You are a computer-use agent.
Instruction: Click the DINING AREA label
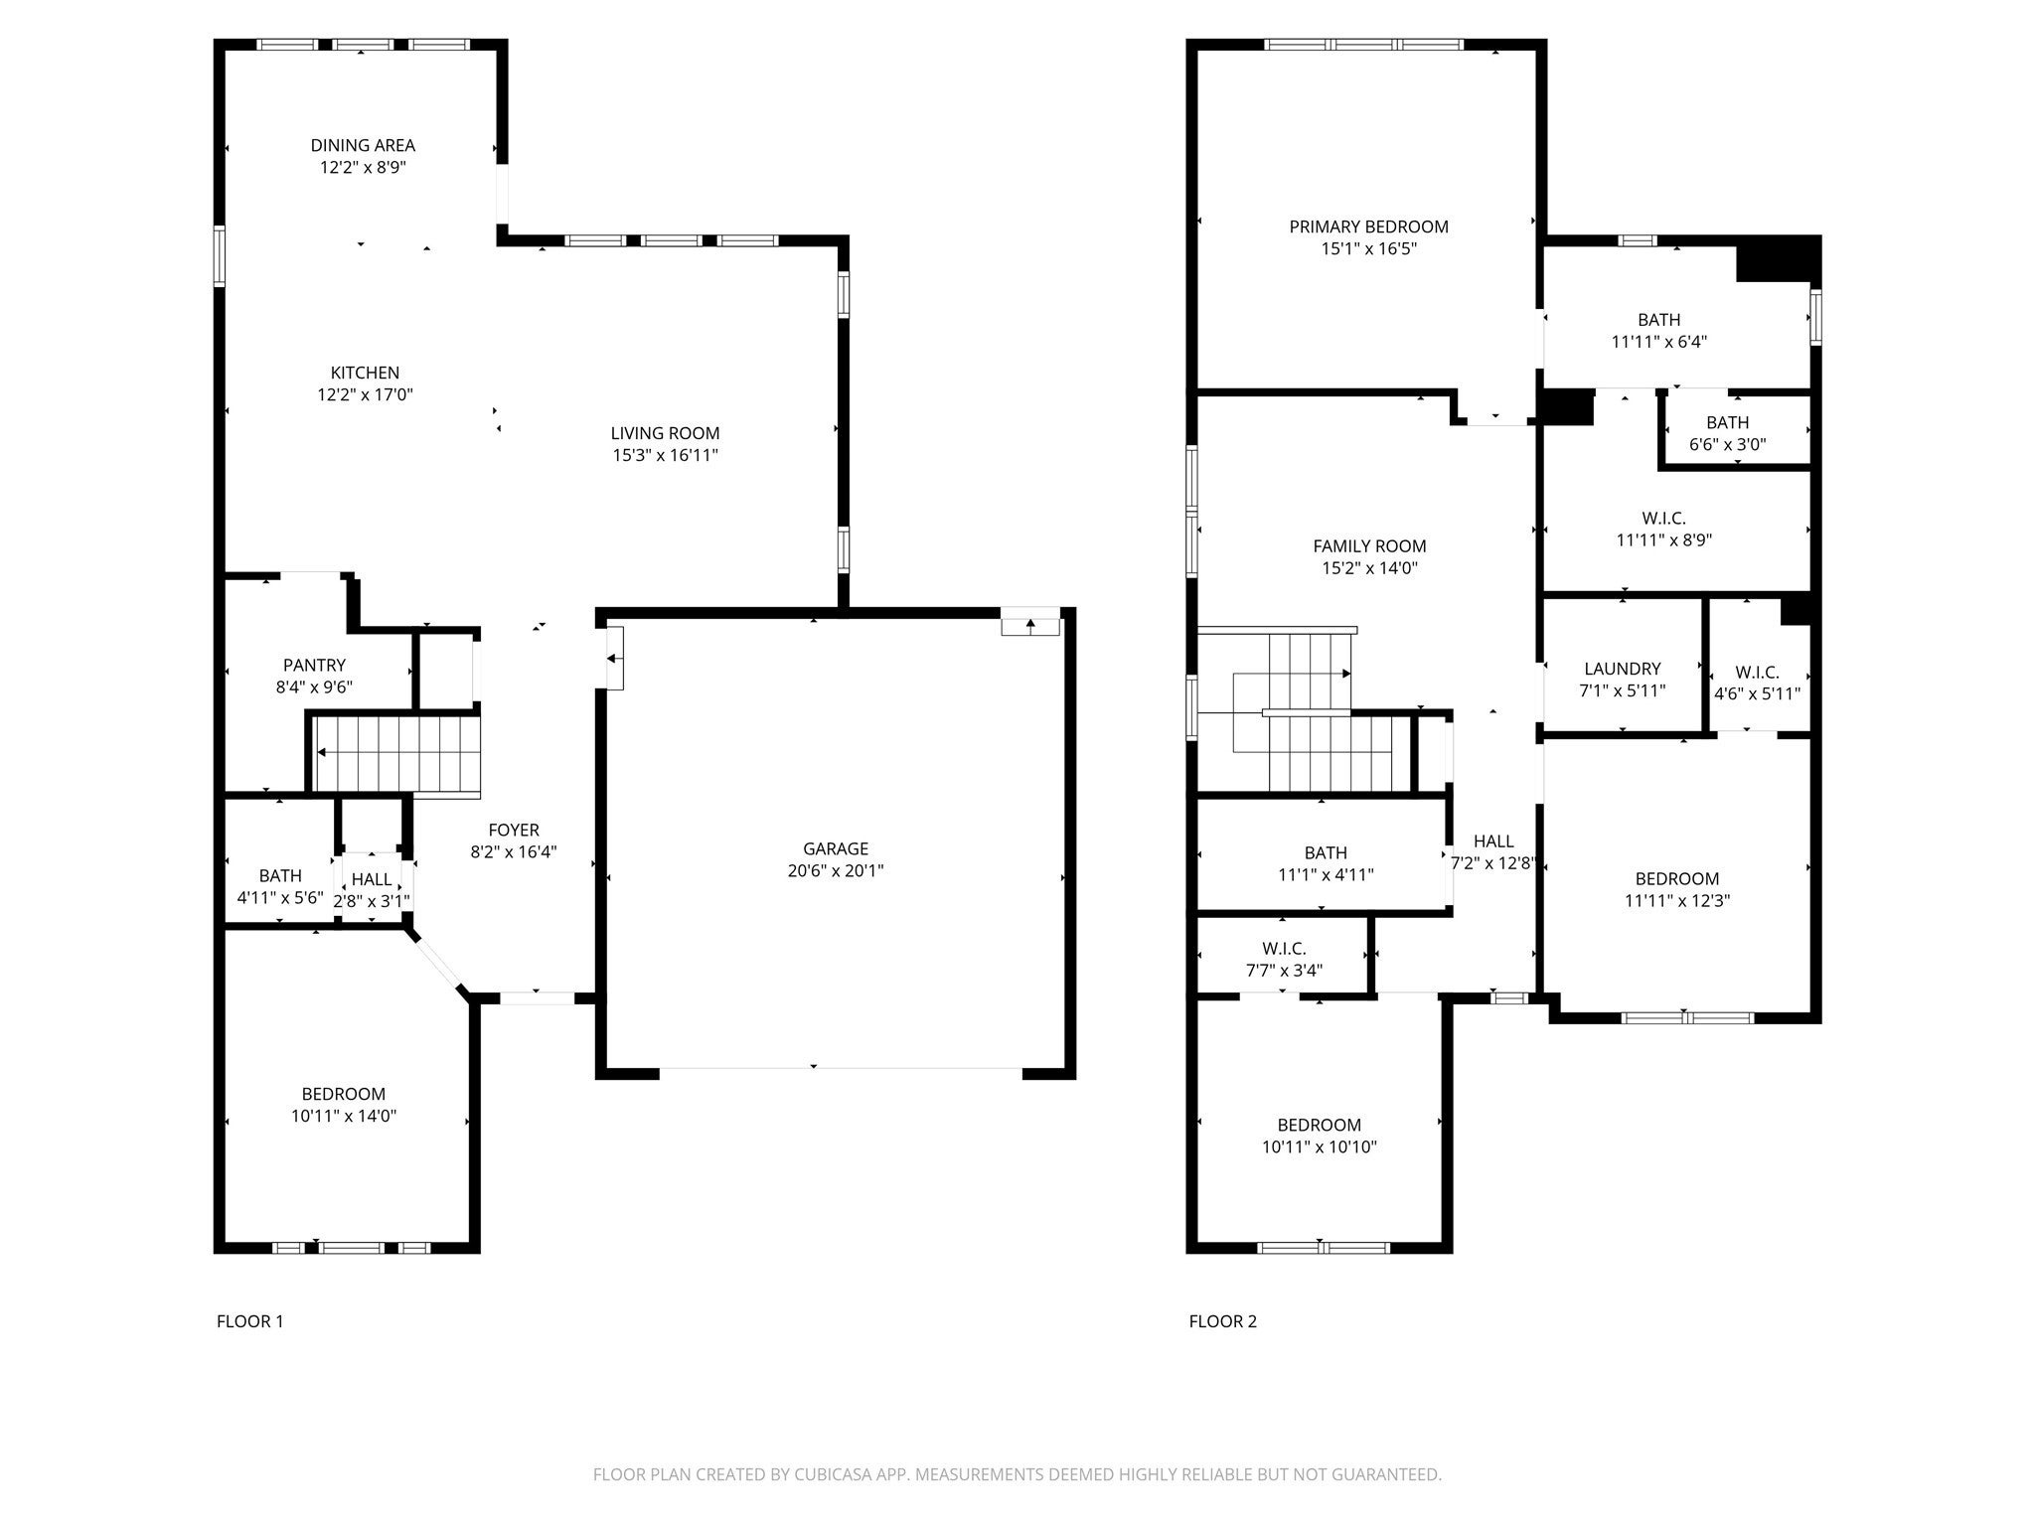click(x=363, y=145)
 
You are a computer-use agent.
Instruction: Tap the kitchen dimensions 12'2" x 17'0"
click(x=365, y=394)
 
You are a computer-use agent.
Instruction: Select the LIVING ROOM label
click(x=665, y=433)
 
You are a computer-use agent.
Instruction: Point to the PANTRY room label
click(x=314, y=665)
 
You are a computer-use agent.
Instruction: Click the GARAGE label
click(x=835, y=848)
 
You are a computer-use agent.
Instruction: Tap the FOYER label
click(x=513, y=830)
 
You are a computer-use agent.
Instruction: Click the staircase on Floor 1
click(x=397, y=752)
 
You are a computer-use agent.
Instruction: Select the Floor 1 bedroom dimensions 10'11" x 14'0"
click(x=344, y=1116)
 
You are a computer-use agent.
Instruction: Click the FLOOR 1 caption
click(x=249, y=1321)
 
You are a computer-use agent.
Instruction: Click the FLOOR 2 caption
click(x=1222, y=1321)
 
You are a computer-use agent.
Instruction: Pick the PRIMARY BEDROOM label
click(x=1368, y=227)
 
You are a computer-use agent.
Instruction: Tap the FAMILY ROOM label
click(x=1369, y=545)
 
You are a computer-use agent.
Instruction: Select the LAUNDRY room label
click(x=1622, y=669)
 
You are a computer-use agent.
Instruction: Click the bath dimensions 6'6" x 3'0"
click(x=1727, y=444)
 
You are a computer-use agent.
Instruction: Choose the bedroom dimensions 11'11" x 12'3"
click(x=1677, y=901)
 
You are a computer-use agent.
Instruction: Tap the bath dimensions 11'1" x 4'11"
click(x=1326, y=874)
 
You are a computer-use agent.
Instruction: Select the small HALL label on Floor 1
click(x=372, y=879)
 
